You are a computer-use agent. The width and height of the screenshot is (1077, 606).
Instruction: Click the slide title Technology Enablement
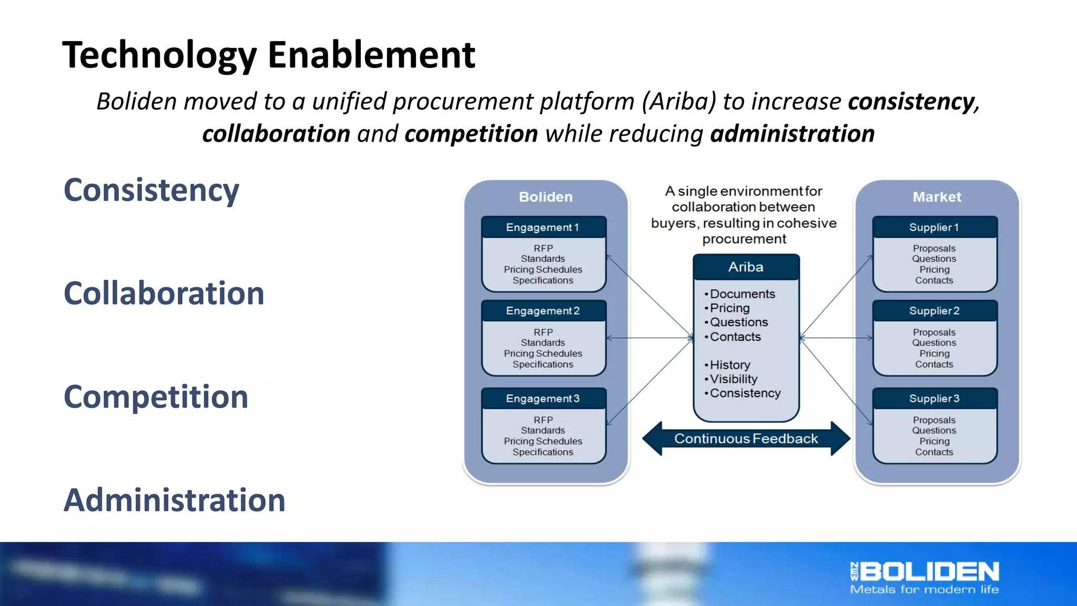click(268, 55)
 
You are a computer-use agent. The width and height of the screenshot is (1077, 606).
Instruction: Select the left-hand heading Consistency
click(151, 190)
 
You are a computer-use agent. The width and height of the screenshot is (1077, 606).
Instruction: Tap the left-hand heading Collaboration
click(164, 293)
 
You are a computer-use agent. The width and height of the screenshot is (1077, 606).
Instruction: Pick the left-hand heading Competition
click(156, 397)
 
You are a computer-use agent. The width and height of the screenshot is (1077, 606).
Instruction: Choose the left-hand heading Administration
click(174, 500)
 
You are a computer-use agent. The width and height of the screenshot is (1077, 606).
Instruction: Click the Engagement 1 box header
click(543, 227)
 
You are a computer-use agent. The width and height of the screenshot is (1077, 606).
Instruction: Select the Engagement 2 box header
click(543, 311)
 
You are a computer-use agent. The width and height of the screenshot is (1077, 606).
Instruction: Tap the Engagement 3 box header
click(543, 399)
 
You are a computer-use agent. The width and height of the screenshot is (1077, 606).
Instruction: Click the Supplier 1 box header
click(934, 227)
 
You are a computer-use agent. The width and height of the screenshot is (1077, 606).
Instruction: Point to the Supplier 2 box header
click(934, 311)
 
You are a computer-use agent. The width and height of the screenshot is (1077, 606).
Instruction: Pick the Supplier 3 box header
click(934, 399)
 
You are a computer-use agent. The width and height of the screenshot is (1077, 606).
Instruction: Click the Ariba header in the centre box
click(746, 267)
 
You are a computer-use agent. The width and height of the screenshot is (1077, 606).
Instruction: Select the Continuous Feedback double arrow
click(746, 439)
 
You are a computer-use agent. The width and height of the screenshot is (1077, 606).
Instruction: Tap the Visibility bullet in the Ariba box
click(733, 379)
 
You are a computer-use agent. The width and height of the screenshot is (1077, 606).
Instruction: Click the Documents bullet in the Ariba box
click(742, 294)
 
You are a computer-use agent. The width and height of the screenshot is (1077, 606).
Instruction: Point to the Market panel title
click(937, 197)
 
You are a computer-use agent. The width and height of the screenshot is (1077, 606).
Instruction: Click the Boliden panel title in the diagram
click(545, 197)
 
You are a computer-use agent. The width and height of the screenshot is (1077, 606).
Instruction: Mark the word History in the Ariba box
click(730, 365)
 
